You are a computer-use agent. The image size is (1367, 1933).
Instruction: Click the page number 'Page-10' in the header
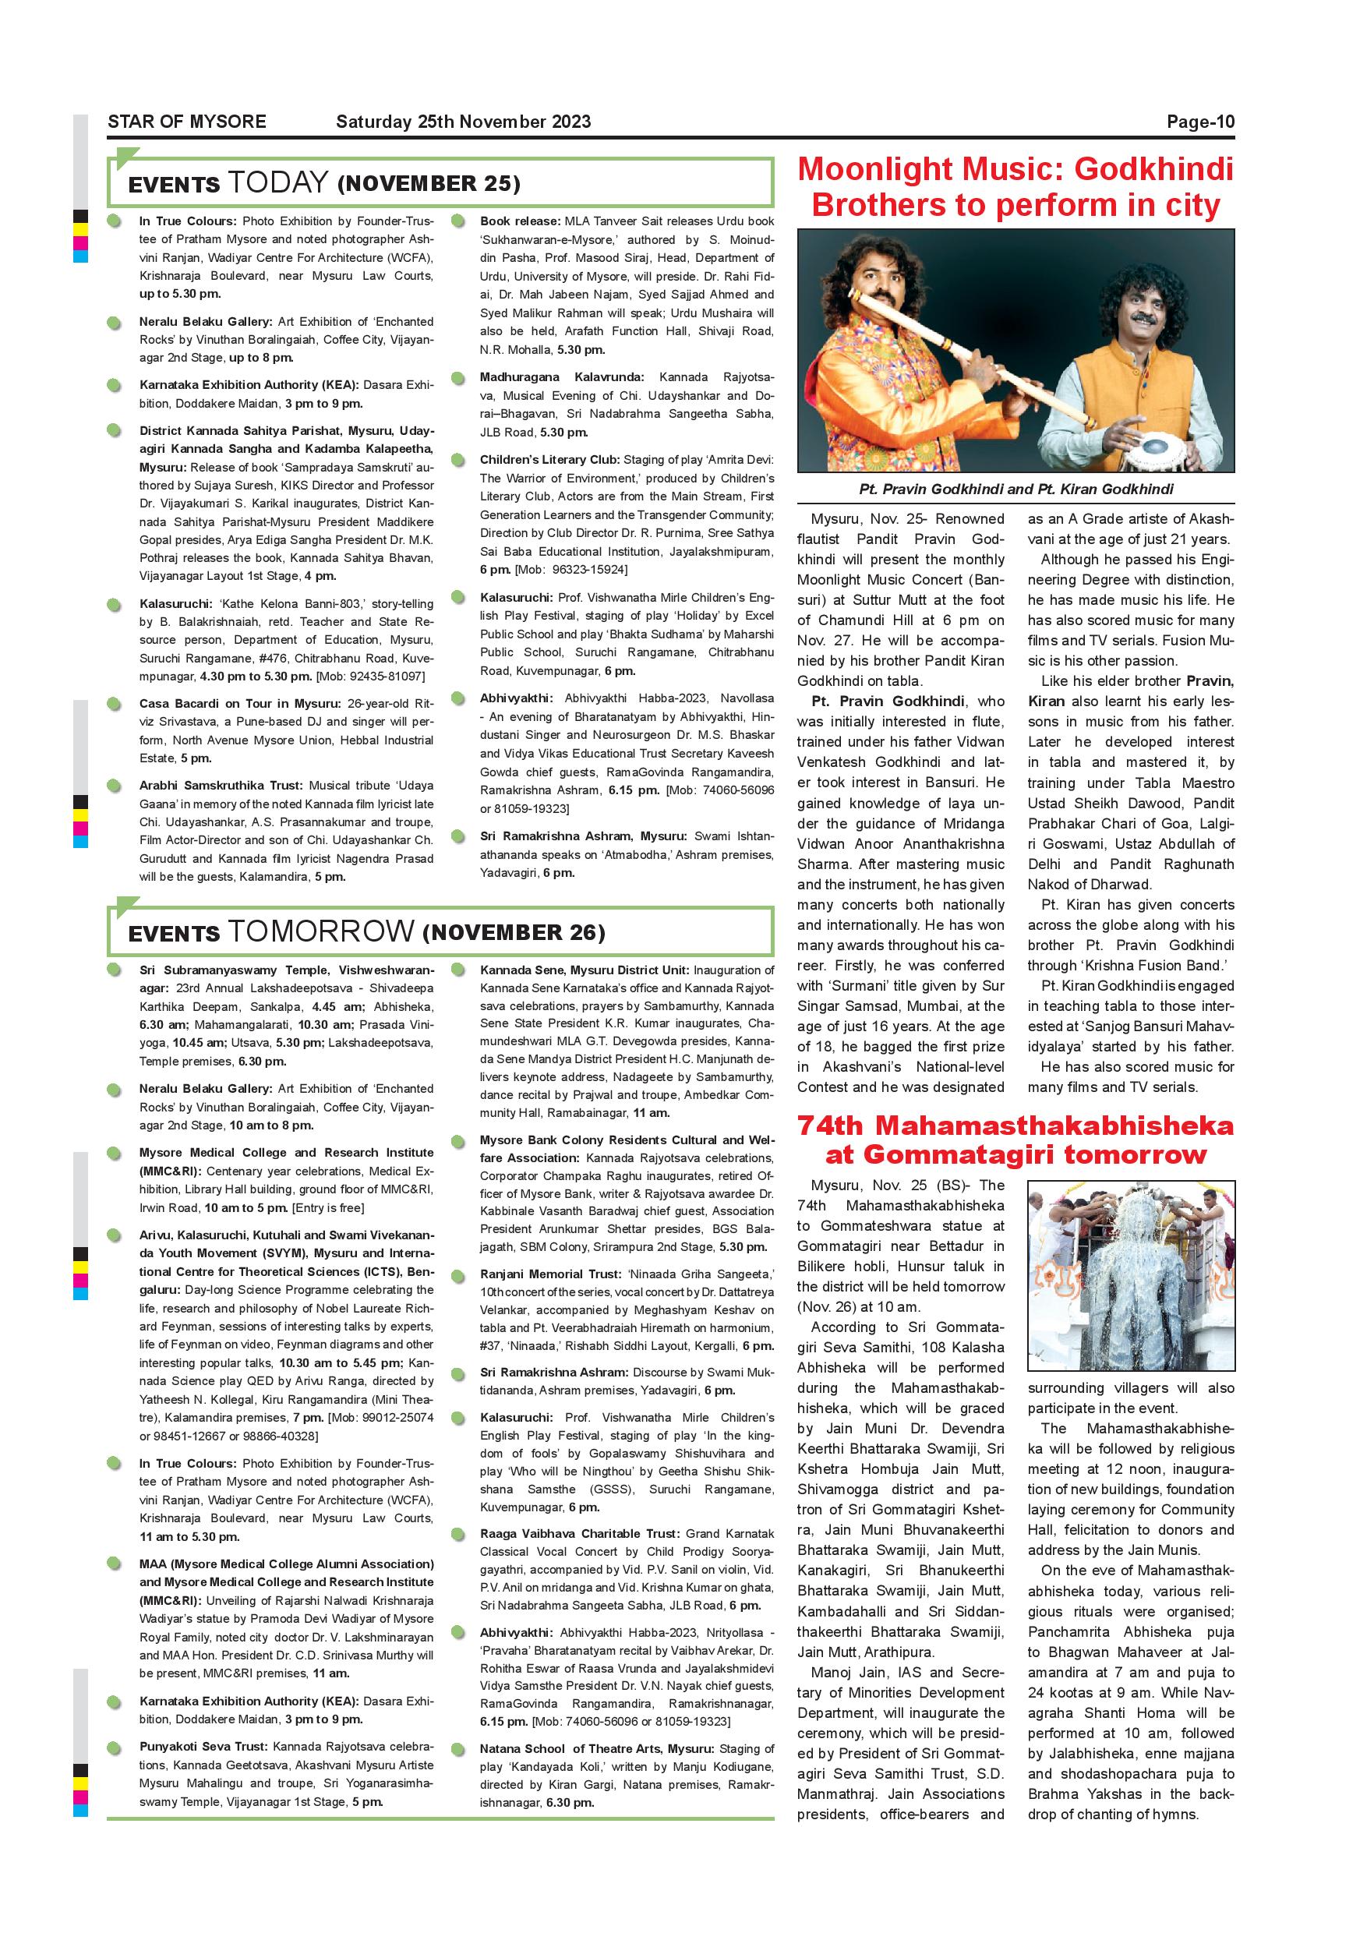click(x=1199, y=122)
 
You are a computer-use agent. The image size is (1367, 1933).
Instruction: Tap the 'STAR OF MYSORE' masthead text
click(x=187, y=122)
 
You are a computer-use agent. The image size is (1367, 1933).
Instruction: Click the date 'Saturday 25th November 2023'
click(x=463, y=122)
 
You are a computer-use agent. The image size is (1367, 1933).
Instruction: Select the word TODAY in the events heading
click(x=277, y=182)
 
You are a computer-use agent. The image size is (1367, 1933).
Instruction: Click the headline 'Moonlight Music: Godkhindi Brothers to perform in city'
click(x=1016, y=187)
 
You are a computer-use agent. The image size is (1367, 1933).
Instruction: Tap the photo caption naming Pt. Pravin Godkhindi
click(x=1016, y=489)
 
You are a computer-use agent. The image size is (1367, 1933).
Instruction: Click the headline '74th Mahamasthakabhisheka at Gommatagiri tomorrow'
click(x=1016, y=1140)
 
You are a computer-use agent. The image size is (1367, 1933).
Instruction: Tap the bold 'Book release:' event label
click(x=519, y=221)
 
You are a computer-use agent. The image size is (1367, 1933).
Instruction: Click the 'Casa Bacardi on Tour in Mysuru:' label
click(x=240, y=704)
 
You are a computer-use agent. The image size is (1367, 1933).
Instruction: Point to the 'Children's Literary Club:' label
click(x=549, y=460)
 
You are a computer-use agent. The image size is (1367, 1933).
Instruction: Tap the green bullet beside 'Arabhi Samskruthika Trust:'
click(x=114, y=786)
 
